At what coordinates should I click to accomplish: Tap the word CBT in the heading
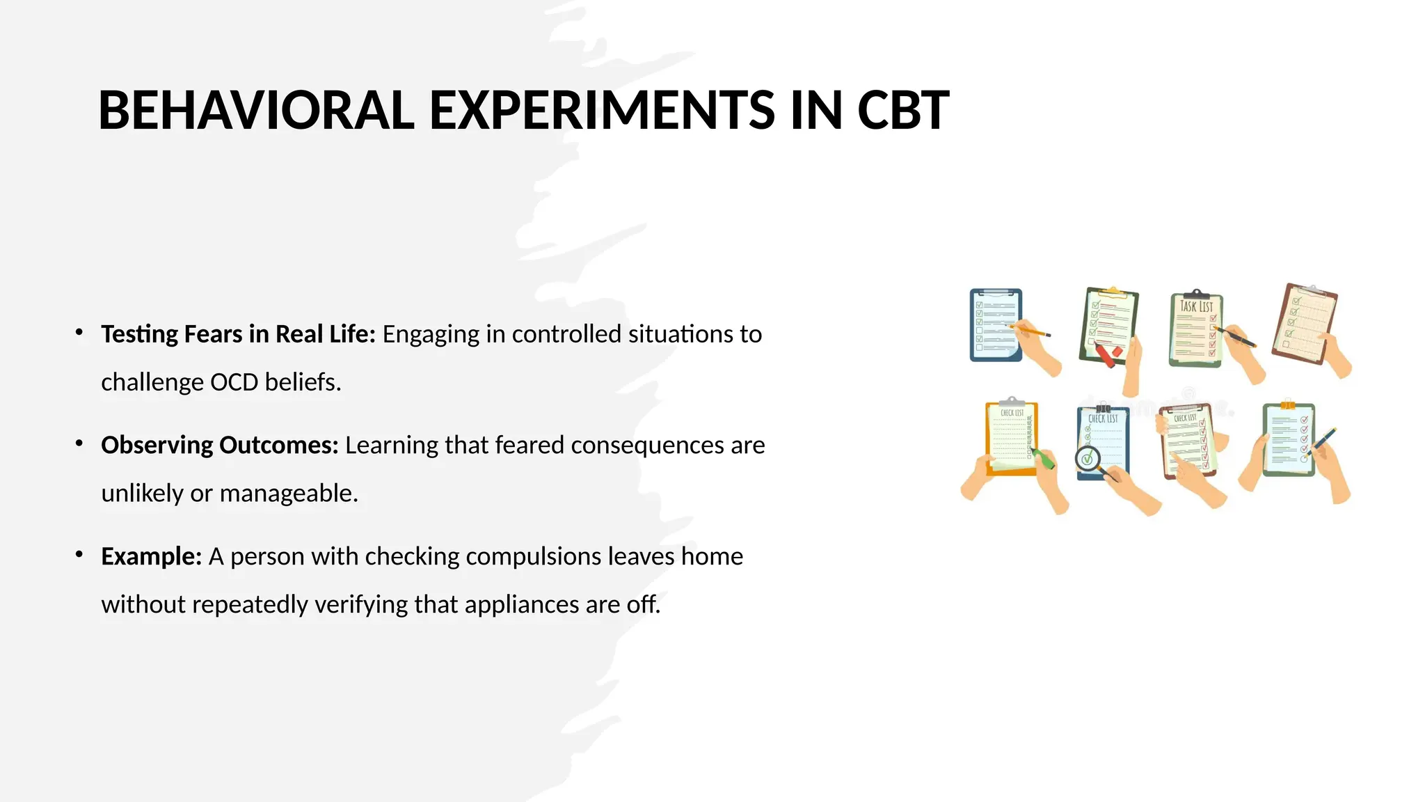[x=902, y=111]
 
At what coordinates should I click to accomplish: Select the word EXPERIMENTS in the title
[x=601, y=111]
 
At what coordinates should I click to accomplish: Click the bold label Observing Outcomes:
[x=219, y=445]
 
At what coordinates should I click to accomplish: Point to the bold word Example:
[x=151, y=556]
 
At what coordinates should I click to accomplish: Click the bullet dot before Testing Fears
[x=79, y=332]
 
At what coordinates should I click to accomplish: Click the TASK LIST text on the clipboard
[x=1196, y=306]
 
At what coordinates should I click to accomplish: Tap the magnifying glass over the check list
[x=1088, y=459]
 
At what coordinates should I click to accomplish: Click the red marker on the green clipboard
[x=1106, y=355]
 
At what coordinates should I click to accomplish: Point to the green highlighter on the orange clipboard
[x=1043, y=459]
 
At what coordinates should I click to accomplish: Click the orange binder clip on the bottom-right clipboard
[x=1287, y=404]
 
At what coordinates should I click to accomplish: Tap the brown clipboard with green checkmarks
[x=1305, y=324]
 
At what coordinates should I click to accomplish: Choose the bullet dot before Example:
[x=79, y=555]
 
